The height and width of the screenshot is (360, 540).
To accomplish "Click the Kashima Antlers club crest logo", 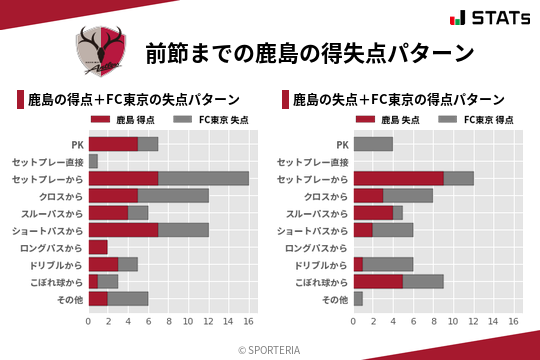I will click(x=101, y=51).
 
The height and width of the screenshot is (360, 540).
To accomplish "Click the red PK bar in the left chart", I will click(x=113, y=144).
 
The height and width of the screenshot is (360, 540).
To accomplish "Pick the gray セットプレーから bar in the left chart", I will click(x=203, y=178).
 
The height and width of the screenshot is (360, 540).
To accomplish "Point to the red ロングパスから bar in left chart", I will click(x=98, y=246).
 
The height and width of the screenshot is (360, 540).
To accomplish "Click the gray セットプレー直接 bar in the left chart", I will click(x=93, y=161).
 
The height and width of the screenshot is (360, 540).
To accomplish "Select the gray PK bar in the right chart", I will click(x=373, y=144).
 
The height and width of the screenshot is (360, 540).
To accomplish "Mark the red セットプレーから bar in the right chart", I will click(x=398, y=178).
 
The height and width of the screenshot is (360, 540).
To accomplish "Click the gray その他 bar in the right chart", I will click(x=358, y=298).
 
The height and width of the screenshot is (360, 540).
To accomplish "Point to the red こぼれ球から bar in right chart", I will click(x=378, y=281).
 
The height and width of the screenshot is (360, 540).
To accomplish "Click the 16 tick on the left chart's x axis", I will click(x=249, y=321).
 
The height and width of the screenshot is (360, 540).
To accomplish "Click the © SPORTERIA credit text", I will click(x=270, y=349).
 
